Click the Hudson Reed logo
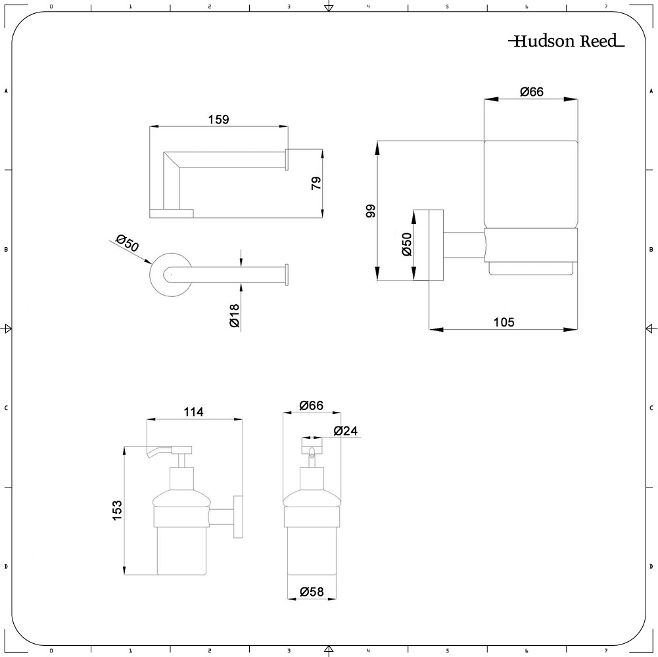[x=567, y=41]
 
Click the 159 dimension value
[x=219, y=120]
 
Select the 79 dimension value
[x=316, y=183]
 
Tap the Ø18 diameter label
[x=234, y=315]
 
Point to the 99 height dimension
[x=371, y=211]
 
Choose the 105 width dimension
[x=504, y=322]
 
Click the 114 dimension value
[x=193, y=412]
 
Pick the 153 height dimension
[x=117, y=510]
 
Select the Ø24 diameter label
[x=346, y=431]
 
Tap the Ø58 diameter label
[x=312, y=591]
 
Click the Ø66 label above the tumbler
[x=532, y=91]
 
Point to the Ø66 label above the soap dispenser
[x=312, y=405]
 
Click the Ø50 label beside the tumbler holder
[x=407, y=244]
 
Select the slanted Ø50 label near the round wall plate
[x=127, y=243]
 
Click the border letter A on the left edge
[x=6, y=91]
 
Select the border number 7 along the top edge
[x=605, y=7]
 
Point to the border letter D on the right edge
[x=651, y=566]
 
